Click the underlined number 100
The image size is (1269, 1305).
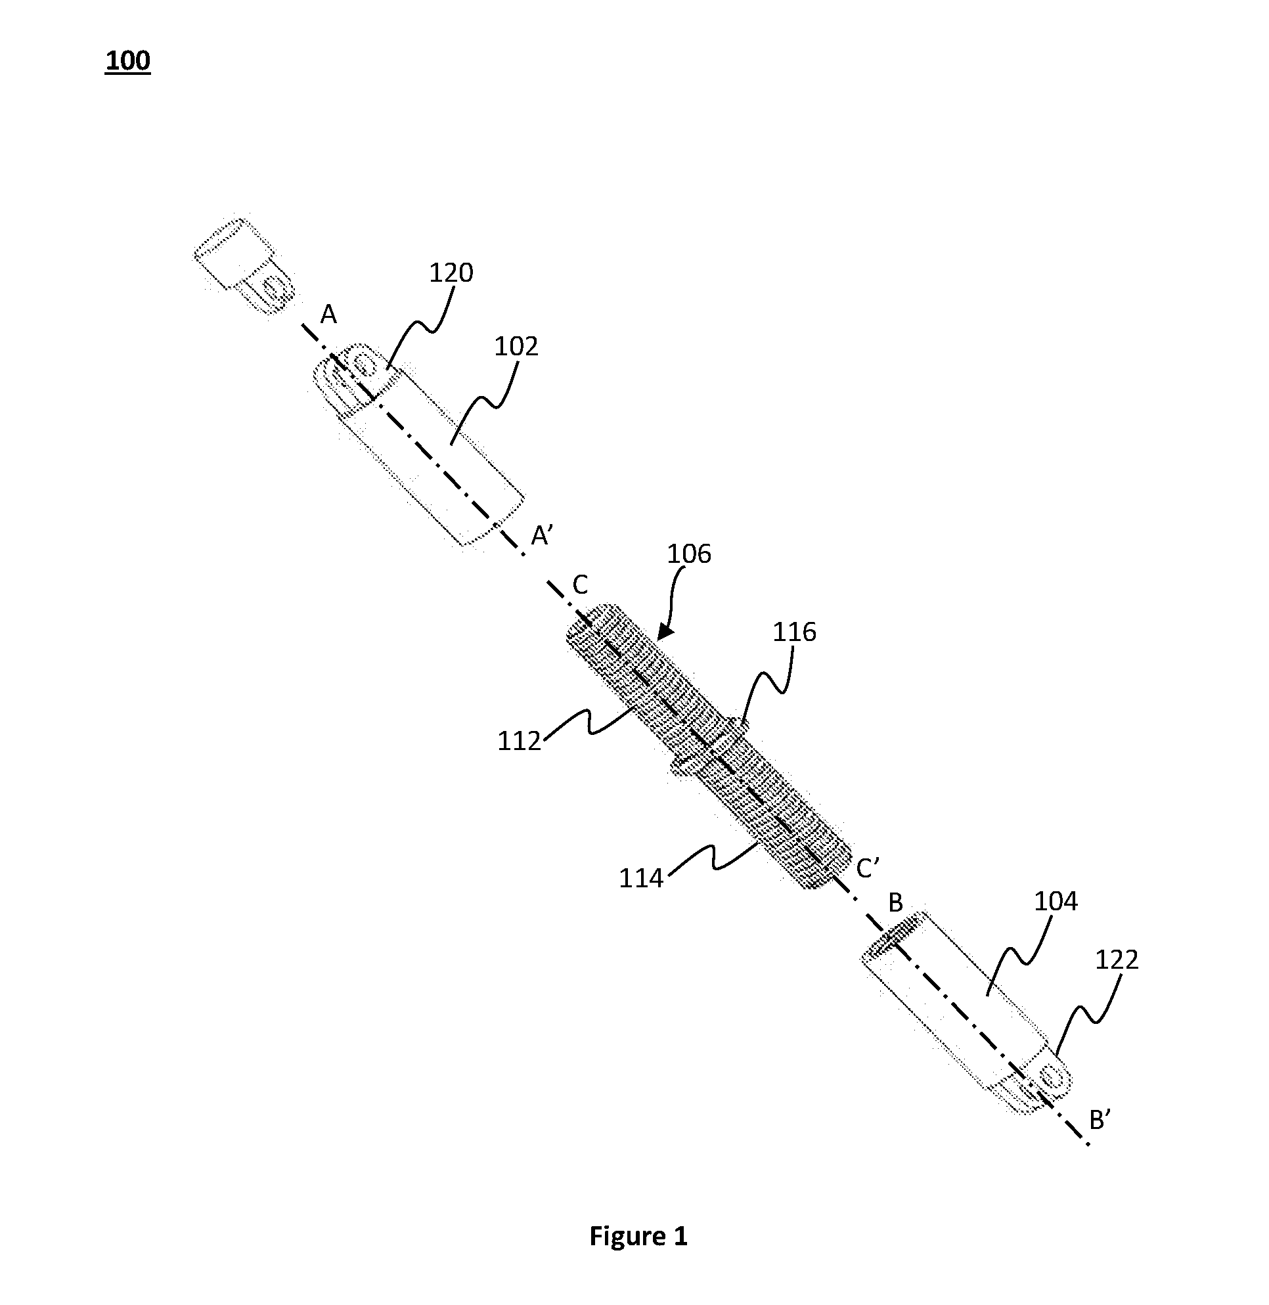(x=127, y=60)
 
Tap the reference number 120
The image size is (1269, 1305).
(x=451, y=273)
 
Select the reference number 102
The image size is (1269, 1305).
(x=516, y=346)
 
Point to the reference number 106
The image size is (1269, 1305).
(x=689, y=554)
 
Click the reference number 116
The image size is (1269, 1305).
(x=795, y=632)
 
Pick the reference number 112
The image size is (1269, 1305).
(x=519, y=741)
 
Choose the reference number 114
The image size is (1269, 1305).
(x=641, y=879)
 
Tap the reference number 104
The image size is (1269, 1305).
(x=1056, y=901)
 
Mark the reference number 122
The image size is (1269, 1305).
(x=1117, y=959)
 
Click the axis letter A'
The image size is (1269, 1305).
(x=541, y=535)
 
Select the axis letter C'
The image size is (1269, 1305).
(x=868, y=868)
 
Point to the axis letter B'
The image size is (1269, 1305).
(x=1100, y=1120)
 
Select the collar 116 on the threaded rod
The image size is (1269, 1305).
(x=709, y=747)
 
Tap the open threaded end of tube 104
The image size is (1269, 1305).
(x=889, y=945)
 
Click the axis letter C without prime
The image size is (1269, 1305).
(x=580, y=585)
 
